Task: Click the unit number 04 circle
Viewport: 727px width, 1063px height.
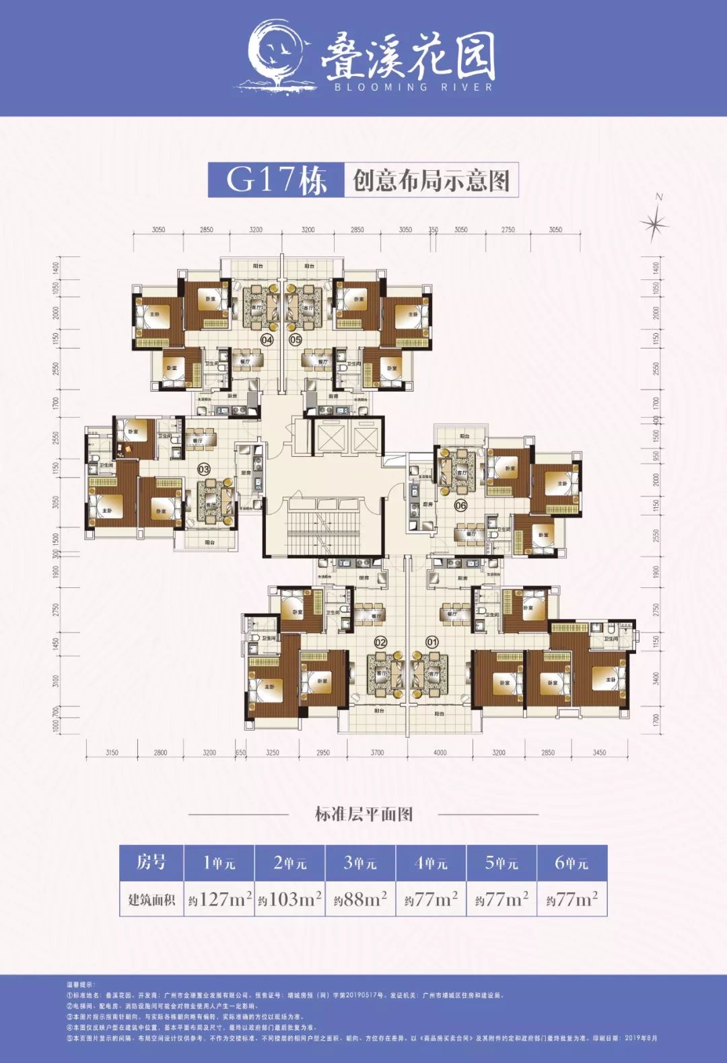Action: [x=267, y=340]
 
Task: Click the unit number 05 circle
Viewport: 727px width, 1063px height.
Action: [x=296, y=340]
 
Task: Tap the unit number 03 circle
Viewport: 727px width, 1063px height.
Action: [x=203, y=469]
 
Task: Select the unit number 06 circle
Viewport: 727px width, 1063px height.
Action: [x=460, y=505]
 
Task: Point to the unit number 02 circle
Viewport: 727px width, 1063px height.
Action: [x=380, y=642]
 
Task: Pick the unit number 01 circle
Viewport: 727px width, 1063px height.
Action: [x=432, y=642]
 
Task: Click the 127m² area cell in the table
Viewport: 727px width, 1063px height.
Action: [x=220, y=899]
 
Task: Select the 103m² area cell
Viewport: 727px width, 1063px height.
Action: [x=290, y=899]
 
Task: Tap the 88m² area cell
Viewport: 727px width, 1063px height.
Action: [x=361, y=899]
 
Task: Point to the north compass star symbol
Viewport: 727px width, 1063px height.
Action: [x=654, y=223]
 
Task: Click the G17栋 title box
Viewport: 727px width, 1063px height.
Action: [x=276, y=180]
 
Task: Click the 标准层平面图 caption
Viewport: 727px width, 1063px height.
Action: [x=363, y=814]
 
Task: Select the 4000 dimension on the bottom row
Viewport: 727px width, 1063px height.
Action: [x=440, y=752]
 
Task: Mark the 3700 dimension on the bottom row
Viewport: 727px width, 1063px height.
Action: [x=377, y=752]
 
